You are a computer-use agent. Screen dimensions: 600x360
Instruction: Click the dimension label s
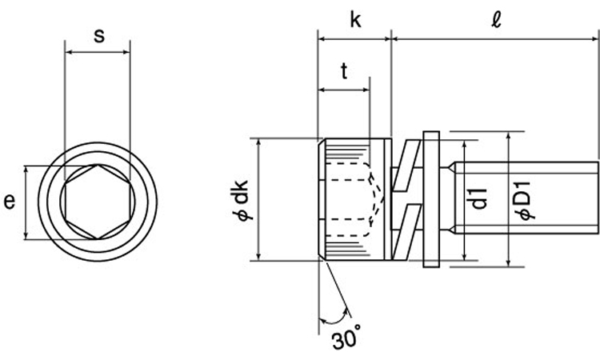coord(99,35)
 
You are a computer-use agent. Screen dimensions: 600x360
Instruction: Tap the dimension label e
coord(9,202)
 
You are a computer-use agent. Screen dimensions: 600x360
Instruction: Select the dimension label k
coord(355,20)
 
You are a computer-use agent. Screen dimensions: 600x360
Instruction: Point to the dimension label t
coord(344,70)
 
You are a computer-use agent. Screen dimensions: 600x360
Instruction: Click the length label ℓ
coord(496,20)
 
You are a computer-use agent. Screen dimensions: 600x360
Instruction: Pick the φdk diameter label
coord(241,201)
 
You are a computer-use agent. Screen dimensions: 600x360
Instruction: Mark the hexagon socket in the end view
coord(98,202)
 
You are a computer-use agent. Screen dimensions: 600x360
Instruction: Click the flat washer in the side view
coord(432,199)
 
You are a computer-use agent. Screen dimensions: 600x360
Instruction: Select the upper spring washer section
coord(406,166)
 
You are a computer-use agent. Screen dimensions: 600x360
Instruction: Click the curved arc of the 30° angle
coord(335,318)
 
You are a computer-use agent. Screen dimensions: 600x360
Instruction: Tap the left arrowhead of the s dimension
coord(69,52)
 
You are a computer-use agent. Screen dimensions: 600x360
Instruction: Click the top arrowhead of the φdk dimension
coord(258,142)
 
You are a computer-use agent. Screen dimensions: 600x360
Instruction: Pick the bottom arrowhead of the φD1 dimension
coord(509,262)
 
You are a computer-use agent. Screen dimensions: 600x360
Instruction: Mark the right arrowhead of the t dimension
coord(366,90)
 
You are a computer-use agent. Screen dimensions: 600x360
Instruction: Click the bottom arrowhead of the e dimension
coord(26,236)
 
